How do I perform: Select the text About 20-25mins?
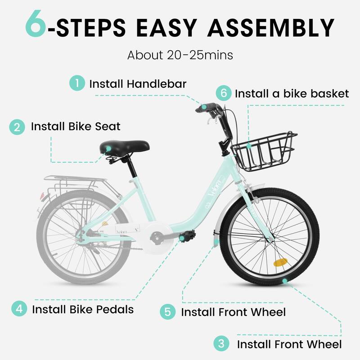click(x=180, y=55)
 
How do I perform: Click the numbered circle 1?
click(x=77, y=84)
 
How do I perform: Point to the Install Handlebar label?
click(x=138, y=84)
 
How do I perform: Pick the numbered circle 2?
click(x=17, y=126)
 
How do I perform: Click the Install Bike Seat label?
click(x=76, y=126)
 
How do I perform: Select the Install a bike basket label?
click(x=292, y=94)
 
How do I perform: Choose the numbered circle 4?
click(x=18, y=309)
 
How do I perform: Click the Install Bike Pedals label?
click(x=83, y=309)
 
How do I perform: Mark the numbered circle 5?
click(x=167, y=312)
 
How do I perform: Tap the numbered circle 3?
click(x=221, y=344)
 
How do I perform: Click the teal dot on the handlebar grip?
click(x=204, y=107)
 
